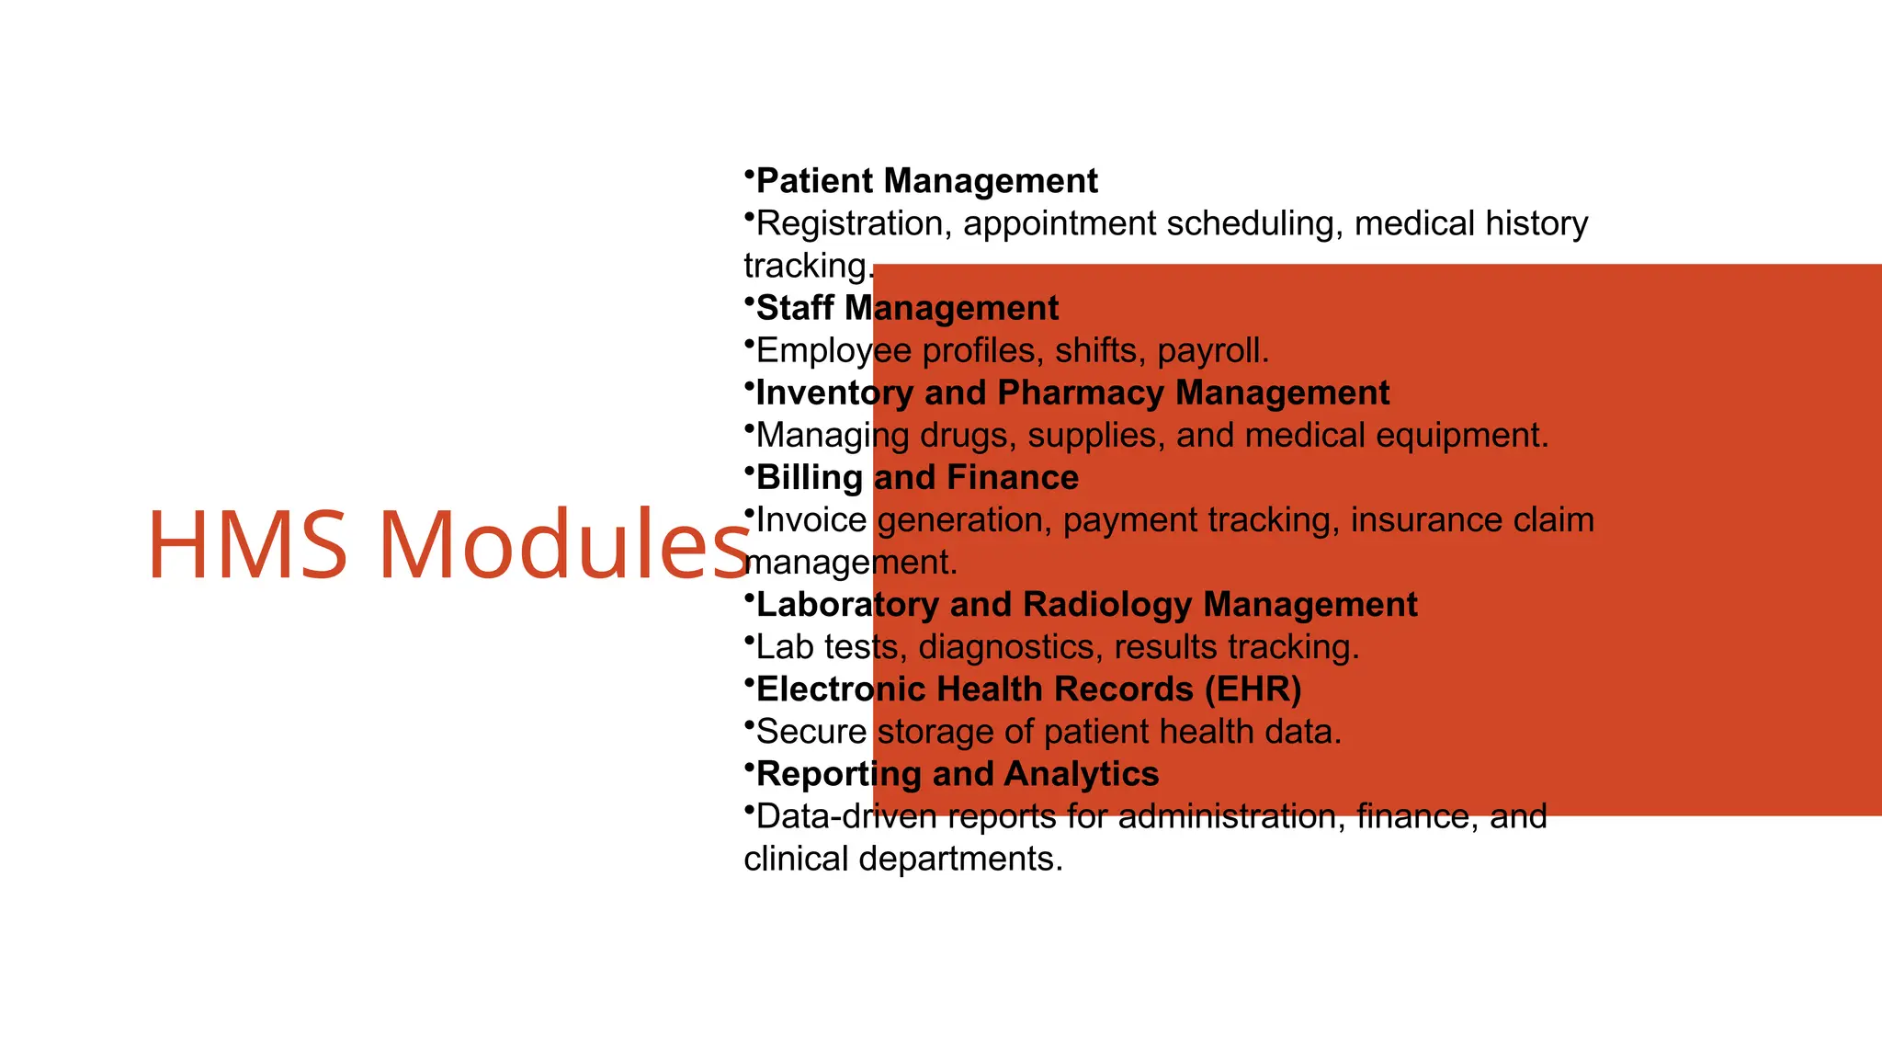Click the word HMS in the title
tap(247, 545)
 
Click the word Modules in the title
tap(563, 545)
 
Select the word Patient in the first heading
tap(814, 181)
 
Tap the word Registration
tap(854, 223)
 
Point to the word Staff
tap(794, 308)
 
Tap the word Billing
tap(809, 478)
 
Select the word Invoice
tap(811, 520)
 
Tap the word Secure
tap(811, 732)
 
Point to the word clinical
tap(796, 859)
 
